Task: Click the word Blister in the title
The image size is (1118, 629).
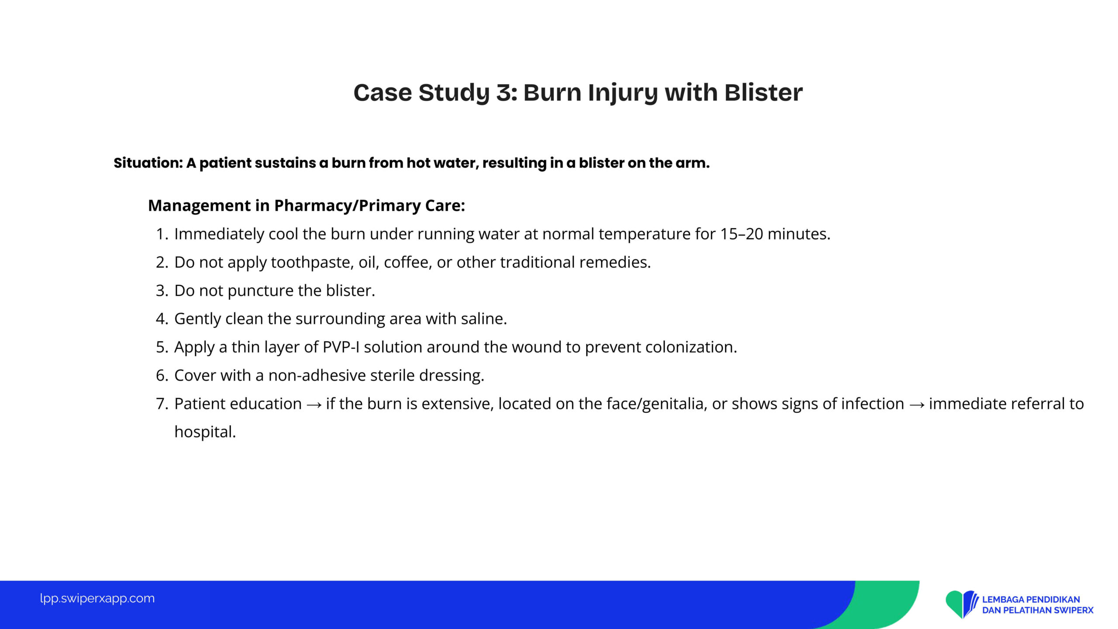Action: (x=763, y=93)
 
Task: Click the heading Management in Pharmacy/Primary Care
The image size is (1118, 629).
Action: (x=307, y=206)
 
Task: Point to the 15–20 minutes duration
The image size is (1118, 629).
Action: (x=775, y=234)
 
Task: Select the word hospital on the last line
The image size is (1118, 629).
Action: (x=205, y=432)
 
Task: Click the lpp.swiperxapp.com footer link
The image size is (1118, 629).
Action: (x=97, y=598)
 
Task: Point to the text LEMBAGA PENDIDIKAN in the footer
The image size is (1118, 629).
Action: (x=1031, y=600)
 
